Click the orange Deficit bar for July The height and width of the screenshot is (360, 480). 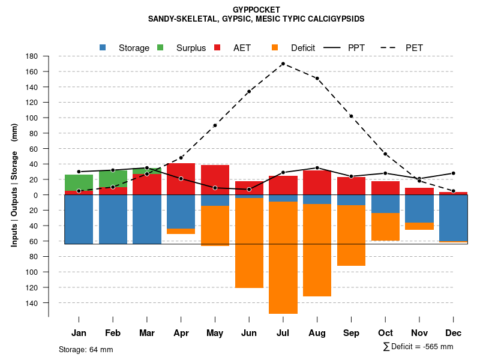click(283, 257)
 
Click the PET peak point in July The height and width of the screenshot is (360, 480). click(283, 64)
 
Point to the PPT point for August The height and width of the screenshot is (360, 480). click(317, 168)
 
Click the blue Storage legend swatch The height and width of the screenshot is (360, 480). click(103, 47)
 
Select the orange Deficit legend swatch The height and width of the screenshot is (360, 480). click(275, 47)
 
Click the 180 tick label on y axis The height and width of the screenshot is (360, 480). click(32, 56)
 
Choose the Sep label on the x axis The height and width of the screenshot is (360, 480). click(351, 333)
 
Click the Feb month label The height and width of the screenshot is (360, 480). click(113, 333)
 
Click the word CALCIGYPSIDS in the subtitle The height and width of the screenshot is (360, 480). click(335, 19)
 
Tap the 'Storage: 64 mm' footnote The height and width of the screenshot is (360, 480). click(86, 349)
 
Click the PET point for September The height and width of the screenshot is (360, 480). click(351, 116)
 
